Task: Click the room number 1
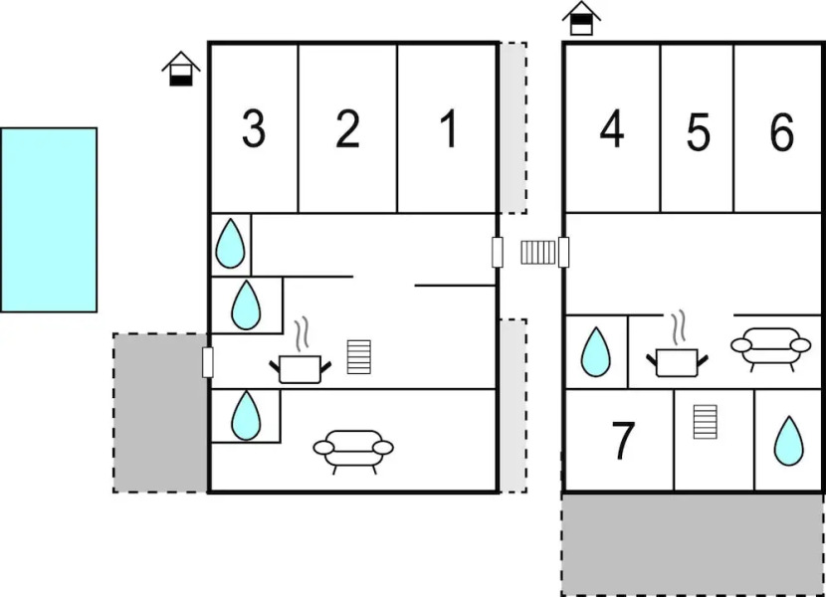(448, 129)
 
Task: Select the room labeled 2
(347, 129)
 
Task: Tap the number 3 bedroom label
(254, 129)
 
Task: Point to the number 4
(611, 129)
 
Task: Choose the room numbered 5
(698, 132)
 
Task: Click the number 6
(781, 132)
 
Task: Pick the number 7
(623, 442)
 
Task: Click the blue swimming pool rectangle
(49, 220)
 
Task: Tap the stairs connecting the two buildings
(538, 253)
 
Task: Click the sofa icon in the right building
(770, 346)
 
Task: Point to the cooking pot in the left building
(300, 365)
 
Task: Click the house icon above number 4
(582, 19)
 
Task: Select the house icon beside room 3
(180, 69)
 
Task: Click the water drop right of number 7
(788, 441)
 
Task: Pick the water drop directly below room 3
(230, 243)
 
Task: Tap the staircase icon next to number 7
(705, 421)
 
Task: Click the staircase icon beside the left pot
(358, 356)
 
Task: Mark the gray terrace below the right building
(693, 544)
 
